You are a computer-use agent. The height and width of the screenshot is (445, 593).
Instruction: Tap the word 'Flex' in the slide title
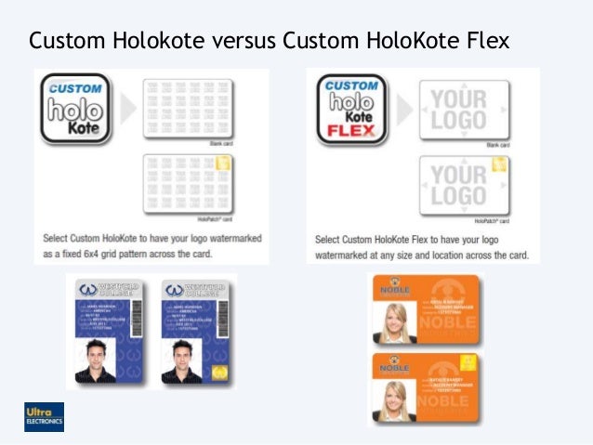483,42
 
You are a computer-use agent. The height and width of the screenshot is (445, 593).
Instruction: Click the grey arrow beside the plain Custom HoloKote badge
128,108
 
